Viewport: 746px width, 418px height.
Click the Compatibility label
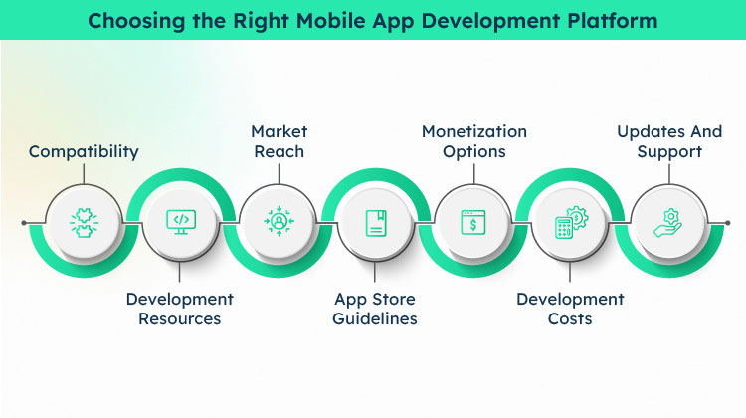tap(84, 152)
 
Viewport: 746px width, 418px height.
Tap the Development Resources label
tap(180, 309)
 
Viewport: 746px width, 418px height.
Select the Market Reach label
tap(280, 141)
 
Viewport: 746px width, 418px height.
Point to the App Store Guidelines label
tap(375, 309)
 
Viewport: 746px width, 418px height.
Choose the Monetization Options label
tap(474, 141)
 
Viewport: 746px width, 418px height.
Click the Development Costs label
tap(570, 309)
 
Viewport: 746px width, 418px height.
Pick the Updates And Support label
tap(669, 141)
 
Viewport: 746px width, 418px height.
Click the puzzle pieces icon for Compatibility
tap(84, 222)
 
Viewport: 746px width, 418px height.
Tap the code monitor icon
tap(181, 222)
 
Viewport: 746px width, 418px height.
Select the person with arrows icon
tap(279, 221)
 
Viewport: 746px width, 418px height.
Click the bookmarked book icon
tap(376, 223)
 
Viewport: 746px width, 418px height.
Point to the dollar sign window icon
tap(473, 222)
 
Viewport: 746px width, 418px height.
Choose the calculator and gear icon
tap(571, 222)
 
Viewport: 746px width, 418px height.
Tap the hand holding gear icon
tap(668, 222)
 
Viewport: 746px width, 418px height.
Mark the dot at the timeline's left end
tap(24, 223)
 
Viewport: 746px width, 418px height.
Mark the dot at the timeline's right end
tap(727, 223)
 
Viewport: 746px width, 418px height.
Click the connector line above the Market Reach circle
tap(279, 174)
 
